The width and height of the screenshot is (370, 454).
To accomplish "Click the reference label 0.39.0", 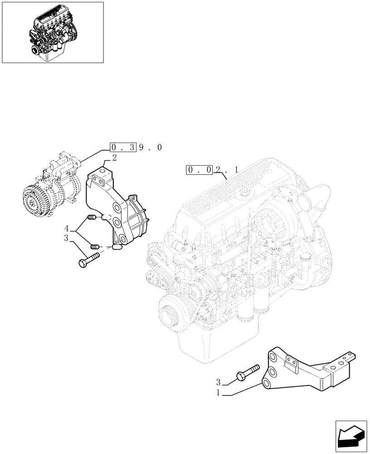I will tap(136, 148).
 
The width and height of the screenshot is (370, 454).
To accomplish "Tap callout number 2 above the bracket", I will tap(114, 158).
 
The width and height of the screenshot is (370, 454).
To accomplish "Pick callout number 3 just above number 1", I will tap(219, 383).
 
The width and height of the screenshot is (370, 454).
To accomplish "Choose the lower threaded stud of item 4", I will tap(95, 247).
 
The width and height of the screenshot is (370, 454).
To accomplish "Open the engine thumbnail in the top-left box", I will tap(52, 32).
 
